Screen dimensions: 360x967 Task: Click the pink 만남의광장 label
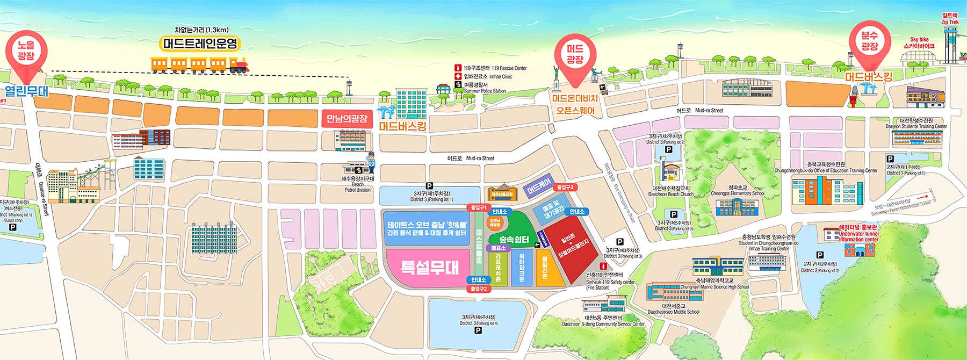347,119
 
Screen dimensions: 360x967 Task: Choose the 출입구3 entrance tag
565,188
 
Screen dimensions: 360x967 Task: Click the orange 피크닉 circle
495,222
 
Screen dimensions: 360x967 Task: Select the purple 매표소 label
499,248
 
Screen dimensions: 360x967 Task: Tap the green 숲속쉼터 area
514,236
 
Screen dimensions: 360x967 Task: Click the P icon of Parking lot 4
478,330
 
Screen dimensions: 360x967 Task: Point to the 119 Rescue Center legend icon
458,68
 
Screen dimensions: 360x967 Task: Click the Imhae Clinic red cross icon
458,76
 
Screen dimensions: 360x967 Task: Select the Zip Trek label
950,19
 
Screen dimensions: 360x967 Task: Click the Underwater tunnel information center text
858,236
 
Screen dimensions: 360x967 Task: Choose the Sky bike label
919,42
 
